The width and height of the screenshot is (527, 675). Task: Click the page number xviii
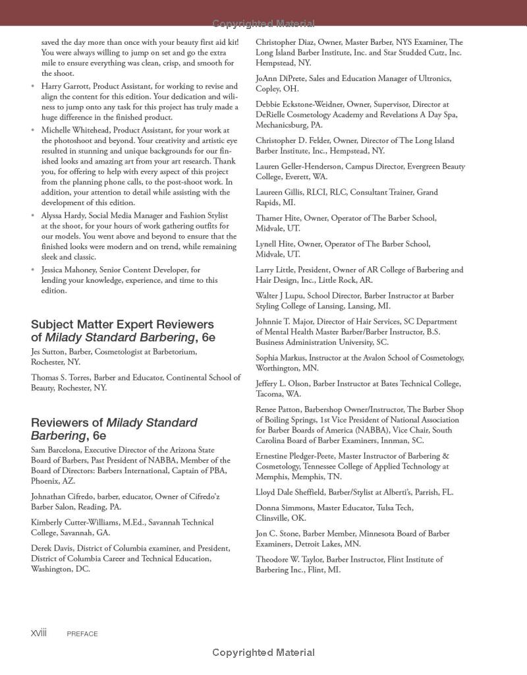[39, 633]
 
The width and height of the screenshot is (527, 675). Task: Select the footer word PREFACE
[82, 634]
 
